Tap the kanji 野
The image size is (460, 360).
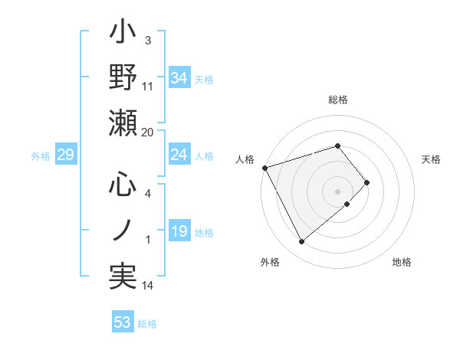123,77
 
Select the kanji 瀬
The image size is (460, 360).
123,123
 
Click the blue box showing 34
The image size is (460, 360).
179,78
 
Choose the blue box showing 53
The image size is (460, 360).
123,322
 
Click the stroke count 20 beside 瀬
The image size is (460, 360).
148,132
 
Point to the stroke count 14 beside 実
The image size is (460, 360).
148,286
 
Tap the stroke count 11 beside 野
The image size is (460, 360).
148,87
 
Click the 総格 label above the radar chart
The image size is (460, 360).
338,100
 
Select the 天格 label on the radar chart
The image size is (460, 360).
432,159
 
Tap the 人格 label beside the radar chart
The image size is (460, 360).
245,159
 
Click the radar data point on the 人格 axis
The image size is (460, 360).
264,168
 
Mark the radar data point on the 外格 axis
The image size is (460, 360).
301,242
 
